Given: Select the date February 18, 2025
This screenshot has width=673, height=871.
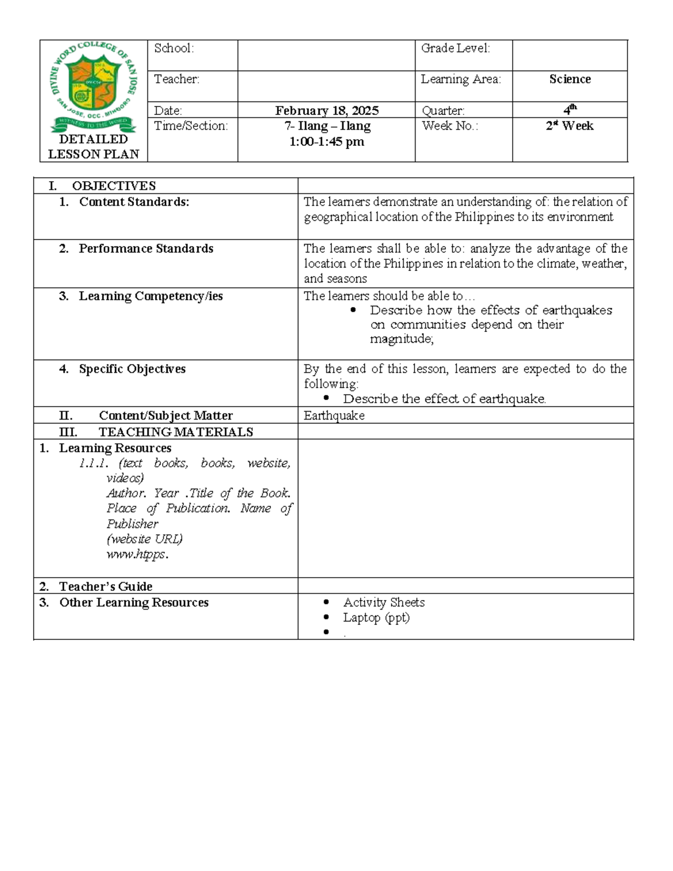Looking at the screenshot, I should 326,110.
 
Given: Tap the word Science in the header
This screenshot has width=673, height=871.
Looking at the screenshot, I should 570,79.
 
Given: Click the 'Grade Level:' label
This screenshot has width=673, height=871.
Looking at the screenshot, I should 455,48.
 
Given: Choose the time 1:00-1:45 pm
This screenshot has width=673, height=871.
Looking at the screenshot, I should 326,142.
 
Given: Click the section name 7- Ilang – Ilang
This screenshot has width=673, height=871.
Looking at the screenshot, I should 327,126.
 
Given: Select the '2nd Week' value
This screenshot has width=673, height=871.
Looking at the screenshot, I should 570,126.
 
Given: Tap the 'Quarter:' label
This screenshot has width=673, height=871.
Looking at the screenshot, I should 443,110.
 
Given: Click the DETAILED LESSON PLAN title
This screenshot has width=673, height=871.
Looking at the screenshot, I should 94,146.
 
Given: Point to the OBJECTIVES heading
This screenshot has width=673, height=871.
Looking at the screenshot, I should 114,186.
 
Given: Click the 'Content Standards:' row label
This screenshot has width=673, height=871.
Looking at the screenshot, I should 134,202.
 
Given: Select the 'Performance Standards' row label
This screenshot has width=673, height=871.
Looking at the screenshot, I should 146,248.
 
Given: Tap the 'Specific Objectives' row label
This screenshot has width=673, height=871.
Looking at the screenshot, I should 132,369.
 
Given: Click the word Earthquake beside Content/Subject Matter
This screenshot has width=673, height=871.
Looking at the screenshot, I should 334,416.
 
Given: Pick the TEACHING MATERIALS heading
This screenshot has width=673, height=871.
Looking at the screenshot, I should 176,432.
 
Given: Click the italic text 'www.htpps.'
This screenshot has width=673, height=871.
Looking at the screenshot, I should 137,554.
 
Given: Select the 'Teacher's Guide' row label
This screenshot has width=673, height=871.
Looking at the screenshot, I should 105,586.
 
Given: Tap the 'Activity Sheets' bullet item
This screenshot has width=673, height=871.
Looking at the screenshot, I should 384,602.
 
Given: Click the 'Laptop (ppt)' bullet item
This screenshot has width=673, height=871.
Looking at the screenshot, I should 376,617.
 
